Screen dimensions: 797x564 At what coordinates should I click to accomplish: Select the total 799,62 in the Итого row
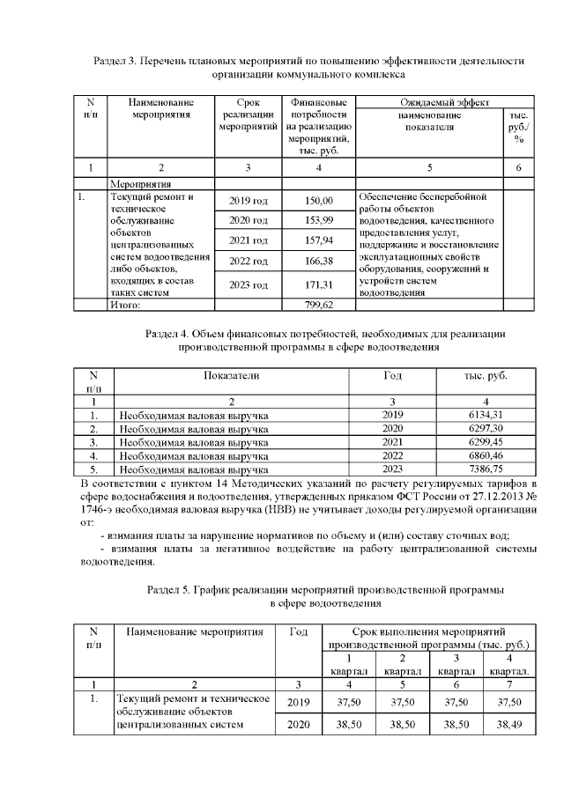[320, 304]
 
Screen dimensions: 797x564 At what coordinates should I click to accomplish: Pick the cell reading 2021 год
[249, 240]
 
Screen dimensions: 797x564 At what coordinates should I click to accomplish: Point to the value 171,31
[320, 284]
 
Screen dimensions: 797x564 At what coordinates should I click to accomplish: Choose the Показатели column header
[232, 376]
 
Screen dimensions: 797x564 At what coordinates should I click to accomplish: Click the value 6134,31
[486, 414]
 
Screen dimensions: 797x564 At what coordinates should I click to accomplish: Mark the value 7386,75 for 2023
[486, 470]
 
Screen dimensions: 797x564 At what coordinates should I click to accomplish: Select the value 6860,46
[486, 456]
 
